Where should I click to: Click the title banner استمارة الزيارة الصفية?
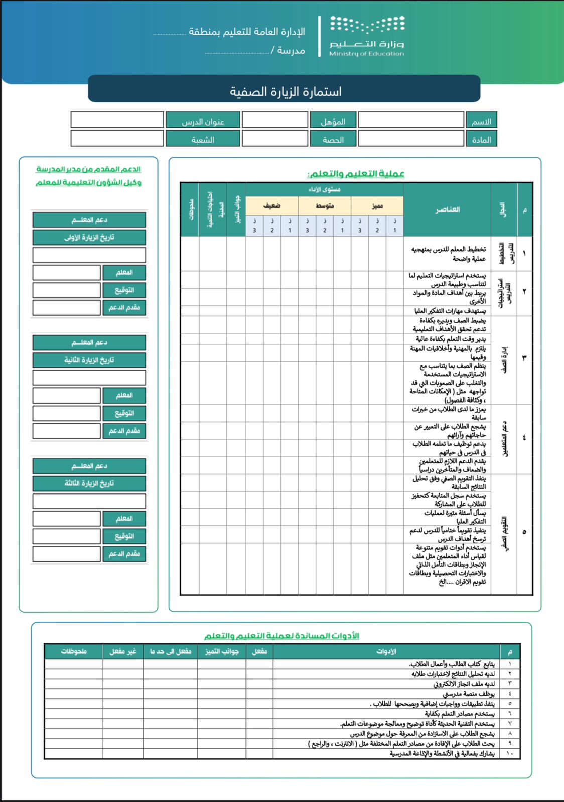point(285,91)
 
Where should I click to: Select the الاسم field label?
point(481,122)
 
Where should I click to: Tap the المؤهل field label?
point(333,122)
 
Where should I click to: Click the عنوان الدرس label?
point(202,122)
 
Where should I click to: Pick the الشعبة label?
point(202,140)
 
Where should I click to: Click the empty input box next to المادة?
point(410,139)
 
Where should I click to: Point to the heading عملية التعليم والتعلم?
point(356,174)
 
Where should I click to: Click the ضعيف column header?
point(271,206)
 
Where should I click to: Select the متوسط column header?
point(325,206)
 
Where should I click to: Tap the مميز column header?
point(377,206)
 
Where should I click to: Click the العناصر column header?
point(447,209)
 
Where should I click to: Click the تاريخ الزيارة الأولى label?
point(89,237)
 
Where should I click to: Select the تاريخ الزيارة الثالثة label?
point(89,483)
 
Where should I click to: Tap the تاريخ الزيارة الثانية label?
point(89,360)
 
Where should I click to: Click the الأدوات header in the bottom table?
point(386,651)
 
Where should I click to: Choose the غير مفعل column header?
point(123,651)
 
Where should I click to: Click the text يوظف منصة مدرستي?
point(469,694)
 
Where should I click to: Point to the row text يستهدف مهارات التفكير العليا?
point(450,311)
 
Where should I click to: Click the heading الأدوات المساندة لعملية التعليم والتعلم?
point(281,636)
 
